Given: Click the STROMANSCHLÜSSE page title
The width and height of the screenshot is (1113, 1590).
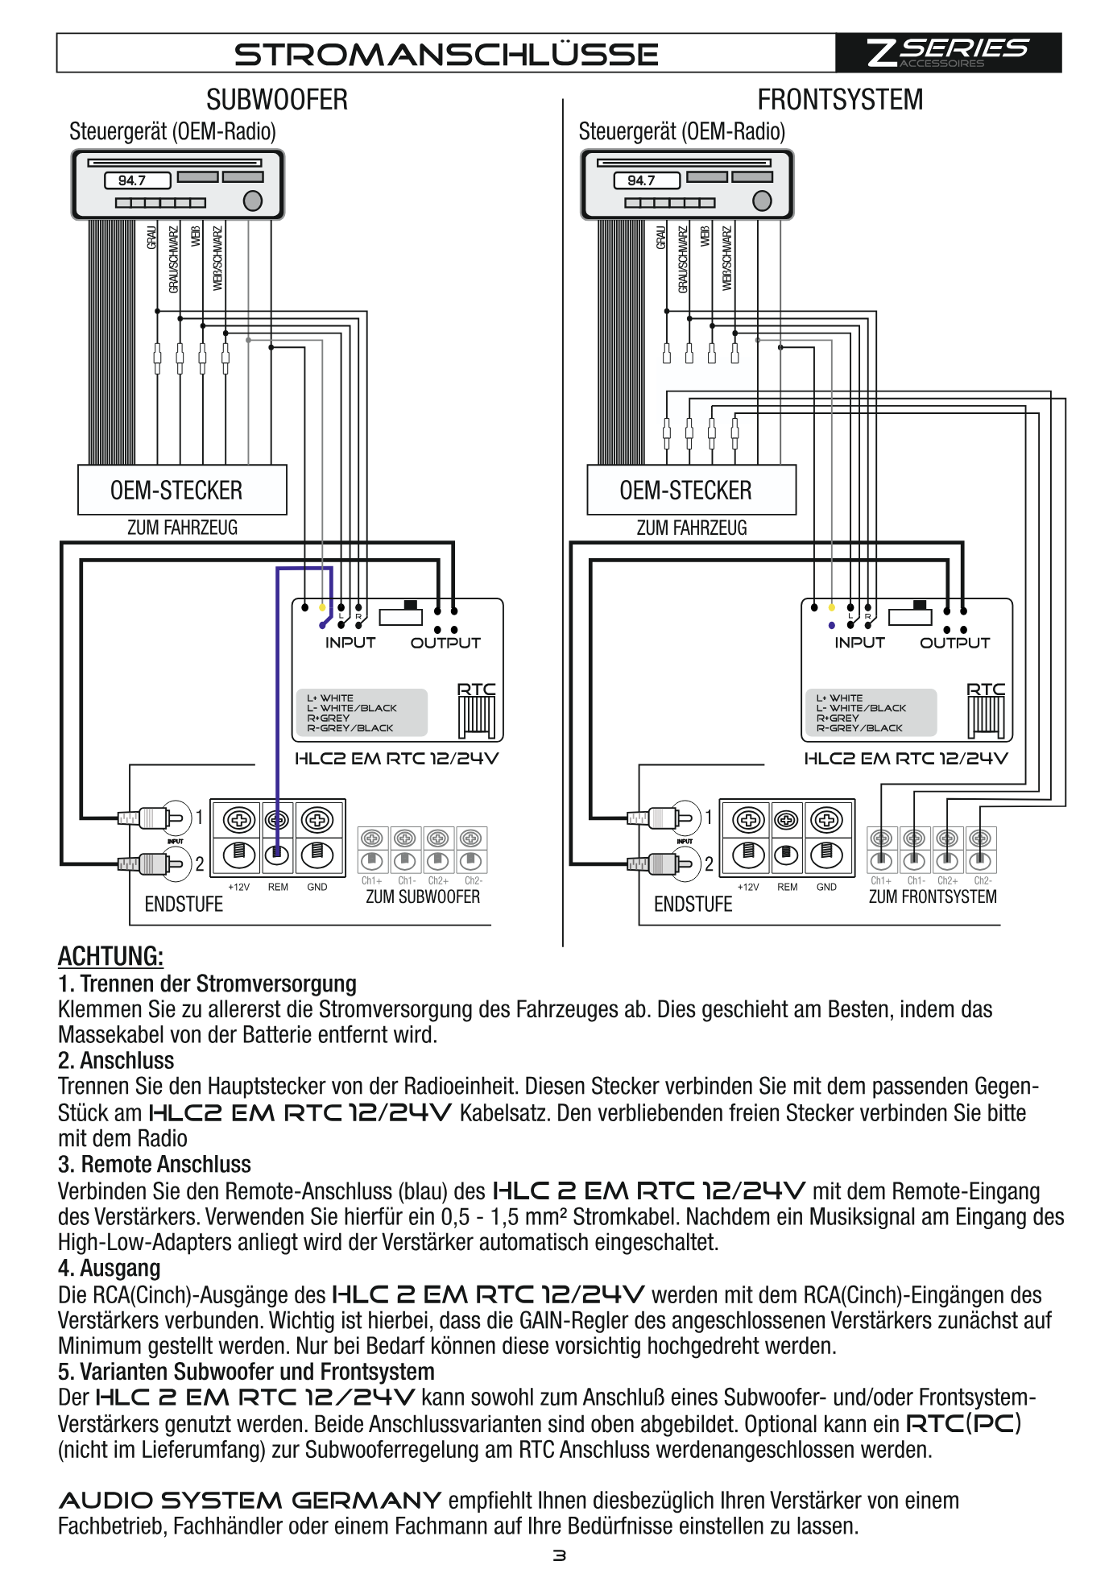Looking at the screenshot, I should pos(446,54).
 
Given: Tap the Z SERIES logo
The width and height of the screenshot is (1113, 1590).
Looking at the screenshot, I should pos(947,52).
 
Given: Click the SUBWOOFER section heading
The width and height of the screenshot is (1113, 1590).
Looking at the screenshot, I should pos(277,100).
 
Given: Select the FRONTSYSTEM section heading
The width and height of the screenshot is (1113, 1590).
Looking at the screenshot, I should pos(840,100).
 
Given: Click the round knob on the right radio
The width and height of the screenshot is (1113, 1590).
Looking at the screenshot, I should pos(762,201).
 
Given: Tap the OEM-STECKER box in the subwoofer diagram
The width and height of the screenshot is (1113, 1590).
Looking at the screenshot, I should pos(182,490).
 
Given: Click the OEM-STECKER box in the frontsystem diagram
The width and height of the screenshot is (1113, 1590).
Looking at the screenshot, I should pos(691,490).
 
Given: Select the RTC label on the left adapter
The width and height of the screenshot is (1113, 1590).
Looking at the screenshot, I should pos(477,689).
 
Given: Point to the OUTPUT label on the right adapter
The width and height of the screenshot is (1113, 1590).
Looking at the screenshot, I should pos(954,643).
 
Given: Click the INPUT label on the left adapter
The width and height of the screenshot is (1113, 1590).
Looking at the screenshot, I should pos(350,643).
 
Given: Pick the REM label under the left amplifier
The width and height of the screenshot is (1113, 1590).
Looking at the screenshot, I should pos(278,887).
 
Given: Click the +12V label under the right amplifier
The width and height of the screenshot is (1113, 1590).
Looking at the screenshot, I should pos(748,887).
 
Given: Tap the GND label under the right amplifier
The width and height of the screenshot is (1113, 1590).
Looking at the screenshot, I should pos(826,887).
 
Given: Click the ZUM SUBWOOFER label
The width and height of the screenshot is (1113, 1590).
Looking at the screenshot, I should pos(423,896).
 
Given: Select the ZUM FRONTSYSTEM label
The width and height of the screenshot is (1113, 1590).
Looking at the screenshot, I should pos(933,896).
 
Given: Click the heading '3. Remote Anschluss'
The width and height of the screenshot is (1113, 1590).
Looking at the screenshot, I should pos(155,1164).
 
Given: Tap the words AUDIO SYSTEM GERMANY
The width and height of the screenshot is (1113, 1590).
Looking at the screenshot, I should pos(250,1501).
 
